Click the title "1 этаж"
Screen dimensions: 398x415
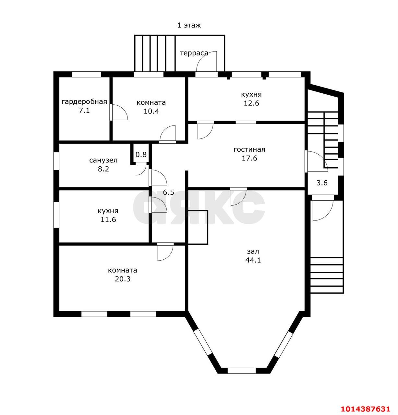coord(189,25)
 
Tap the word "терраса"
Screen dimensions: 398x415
coord(194,53)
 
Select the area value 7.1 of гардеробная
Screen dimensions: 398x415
coord(84,111)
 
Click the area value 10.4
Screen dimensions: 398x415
coord(151,111)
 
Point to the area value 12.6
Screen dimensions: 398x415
coord(251,103)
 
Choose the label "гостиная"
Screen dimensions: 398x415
coord(249,149)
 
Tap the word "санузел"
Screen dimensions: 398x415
coord(103,160)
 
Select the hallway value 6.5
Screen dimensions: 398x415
coord(168,192)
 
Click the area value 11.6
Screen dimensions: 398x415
coord(108,219)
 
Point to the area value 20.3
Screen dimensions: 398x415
coord(123,279)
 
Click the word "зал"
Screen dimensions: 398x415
coord(253,251)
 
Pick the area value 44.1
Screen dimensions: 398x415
coord(253,260)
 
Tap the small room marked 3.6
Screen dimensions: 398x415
coord(322,183)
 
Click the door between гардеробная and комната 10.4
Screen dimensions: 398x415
coord(119,112)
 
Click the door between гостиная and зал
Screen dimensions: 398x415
coord(239,196)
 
